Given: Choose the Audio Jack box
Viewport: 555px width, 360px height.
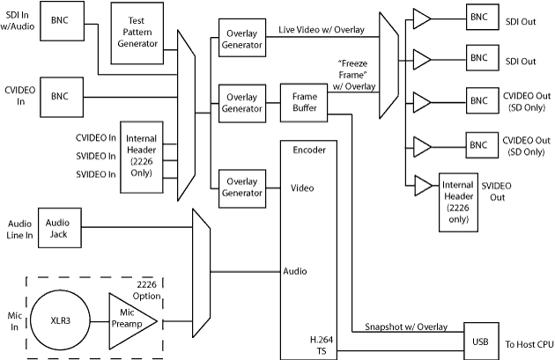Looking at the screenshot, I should pos(56,231).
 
